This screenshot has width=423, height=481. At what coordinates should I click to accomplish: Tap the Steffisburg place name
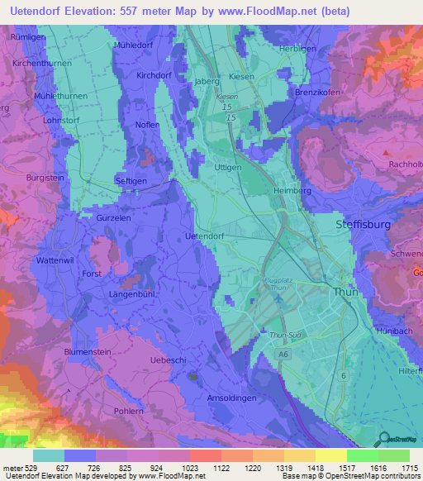[367, 224]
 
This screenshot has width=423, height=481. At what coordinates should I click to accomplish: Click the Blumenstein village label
[88, 351]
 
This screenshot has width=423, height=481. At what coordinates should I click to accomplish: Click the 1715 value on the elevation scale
[408, 467]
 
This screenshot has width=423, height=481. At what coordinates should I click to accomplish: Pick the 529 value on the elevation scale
[27, 467]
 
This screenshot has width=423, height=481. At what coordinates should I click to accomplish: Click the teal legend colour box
[49, 455]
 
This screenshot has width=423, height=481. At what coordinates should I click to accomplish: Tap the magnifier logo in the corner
[383, 440]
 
